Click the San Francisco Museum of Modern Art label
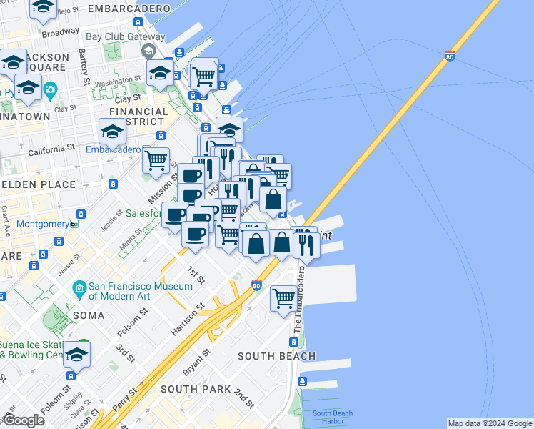pos(141,292)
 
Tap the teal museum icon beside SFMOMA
pos(80,290)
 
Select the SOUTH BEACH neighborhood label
pos(276,356)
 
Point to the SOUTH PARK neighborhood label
pos(196,389)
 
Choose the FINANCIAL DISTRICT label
pos(138,117)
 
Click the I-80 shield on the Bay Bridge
pos(450,56)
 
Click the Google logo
pos(24,420)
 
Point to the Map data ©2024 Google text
pos(490,423)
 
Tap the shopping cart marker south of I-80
pos(283,297)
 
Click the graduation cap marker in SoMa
pos(76,354)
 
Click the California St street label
pos(51,151)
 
